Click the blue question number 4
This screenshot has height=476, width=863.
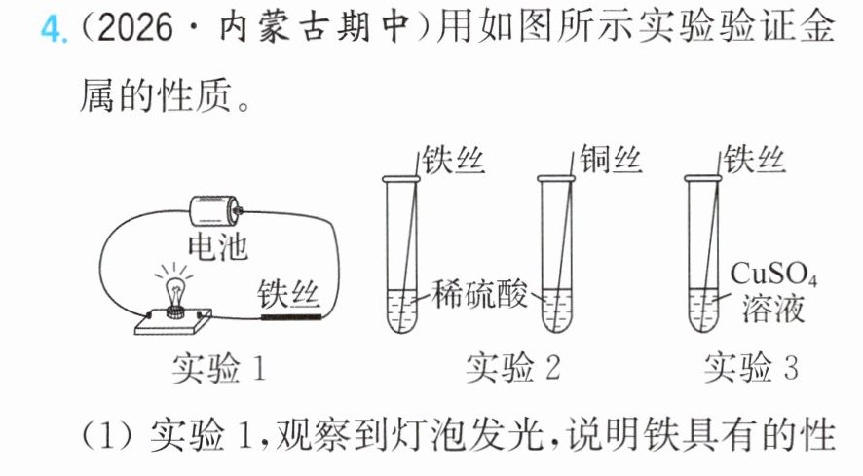(x=53, y=28)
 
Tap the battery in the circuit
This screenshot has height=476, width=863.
(x=215, y=211)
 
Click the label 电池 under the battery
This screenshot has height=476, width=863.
(x=217, y=247)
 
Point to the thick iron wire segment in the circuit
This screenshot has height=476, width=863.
(x=290, y=317)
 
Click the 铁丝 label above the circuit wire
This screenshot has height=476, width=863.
(x=288, y=293)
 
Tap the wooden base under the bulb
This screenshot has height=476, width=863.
(x=173, y=321)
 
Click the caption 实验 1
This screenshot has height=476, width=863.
(x=219, y=368)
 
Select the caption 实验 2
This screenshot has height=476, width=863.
(x=513, y=368)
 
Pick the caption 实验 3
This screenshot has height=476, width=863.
(x=751, y=368)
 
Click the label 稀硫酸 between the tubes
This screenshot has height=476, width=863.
(x=479, y=294)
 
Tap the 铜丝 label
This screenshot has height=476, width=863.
(x=611, y=160)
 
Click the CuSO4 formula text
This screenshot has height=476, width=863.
(x=773, y=274)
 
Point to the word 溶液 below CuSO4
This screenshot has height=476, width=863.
(x=773, y=309)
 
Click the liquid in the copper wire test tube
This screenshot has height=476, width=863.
(x=556, y=311)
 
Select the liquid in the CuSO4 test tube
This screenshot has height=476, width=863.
(x=703, y=311)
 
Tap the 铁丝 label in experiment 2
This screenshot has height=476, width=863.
(x=454, y=161)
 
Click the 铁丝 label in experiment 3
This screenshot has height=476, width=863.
(x=754, y=160)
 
